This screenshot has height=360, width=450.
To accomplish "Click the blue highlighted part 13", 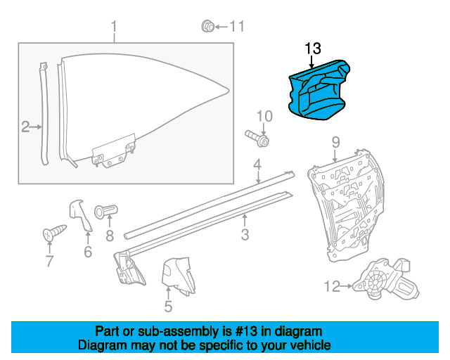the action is [319, 91].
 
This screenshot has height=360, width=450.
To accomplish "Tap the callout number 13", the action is [313, 49].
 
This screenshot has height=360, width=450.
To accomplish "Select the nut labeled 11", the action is [208, 27].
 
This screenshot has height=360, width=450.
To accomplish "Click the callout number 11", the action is [237, 27].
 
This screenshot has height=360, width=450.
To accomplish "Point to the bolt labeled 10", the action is [257, 138].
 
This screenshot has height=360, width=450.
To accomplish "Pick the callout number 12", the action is [332, 286].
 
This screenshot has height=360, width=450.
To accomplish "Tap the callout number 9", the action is [335, 143].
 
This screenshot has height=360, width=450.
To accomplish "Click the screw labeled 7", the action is [55, 233].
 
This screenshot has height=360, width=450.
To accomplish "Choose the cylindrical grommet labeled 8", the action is [106, 212].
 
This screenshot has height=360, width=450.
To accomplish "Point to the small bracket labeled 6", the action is [80, 215].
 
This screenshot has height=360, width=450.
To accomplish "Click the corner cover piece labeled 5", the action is [178, 276].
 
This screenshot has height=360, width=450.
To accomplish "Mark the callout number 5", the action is [169, 307].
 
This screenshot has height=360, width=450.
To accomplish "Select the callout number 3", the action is [245, 235].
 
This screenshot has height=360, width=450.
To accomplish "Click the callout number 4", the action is [257, 165].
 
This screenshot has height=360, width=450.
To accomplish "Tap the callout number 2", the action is [25, 127].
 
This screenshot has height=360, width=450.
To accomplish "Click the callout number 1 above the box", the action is [114, 27].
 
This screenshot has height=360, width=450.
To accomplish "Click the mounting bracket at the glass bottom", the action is [113, 151].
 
